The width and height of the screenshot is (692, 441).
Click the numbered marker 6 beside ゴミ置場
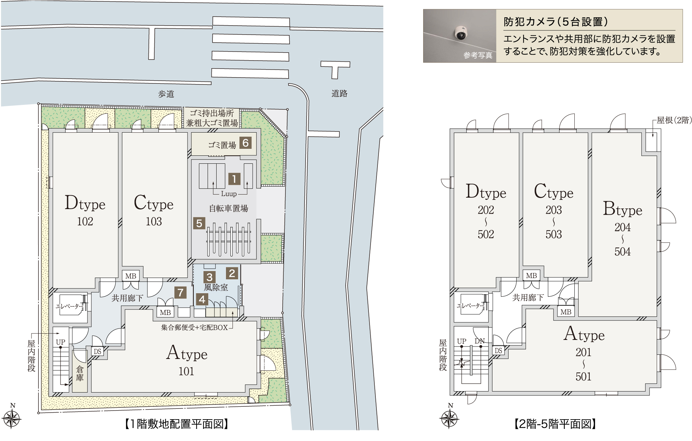pos(245,143)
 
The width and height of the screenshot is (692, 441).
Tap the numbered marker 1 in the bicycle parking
pos(234,179)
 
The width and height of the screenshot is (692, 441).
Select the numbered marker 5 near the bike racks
pos(199,223)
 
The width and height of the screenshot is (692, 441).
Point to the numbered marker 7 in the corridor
pos(180,292)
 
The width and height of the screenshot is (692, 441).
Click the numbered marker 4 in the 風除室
pos(202,299)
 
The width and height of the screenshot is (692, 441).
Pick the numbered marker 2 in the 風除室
pos(232,273)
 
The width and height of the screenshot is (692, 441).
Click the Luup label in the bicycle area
pos(229,194)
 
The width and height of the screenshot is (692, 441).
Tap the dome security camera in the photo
pos(461,33)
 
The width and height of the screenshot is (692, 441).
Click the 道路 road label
pos(339,93)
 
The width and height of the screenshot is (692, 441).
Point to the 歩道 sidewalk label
pos(166,94)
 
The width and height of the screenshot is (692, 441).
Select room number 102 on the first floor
pos(85,222)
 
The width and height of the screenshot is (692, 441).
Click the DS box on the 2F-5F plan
pos(498,351)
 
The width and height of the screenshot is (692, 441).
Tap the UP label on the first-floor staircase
pos(61,342)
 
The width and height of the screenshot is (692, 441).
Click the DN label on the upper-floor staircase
pos(480,341)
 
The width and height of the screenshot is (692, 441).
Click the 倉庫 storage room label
pos(80,373)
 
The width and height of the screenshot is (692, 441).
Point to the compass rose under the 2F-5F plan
pos(449,418)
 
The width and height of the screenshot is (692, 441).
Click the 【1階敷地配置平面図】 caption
pos(176,424)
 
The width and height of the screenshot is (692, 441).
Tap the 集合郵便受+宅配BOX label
pos(194,327)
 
